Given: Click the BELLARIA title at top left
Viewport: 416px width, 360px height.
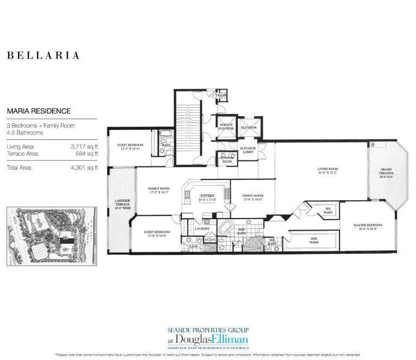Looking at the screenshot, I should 43,55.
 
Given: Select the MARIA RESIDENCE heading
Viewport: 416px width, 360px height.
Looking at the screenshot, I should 38,111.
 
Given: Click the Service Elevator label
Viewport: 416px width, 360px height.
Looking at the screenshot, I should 226,126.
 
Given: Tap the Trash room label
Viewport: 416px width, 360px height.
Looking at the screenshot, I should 220,95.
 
